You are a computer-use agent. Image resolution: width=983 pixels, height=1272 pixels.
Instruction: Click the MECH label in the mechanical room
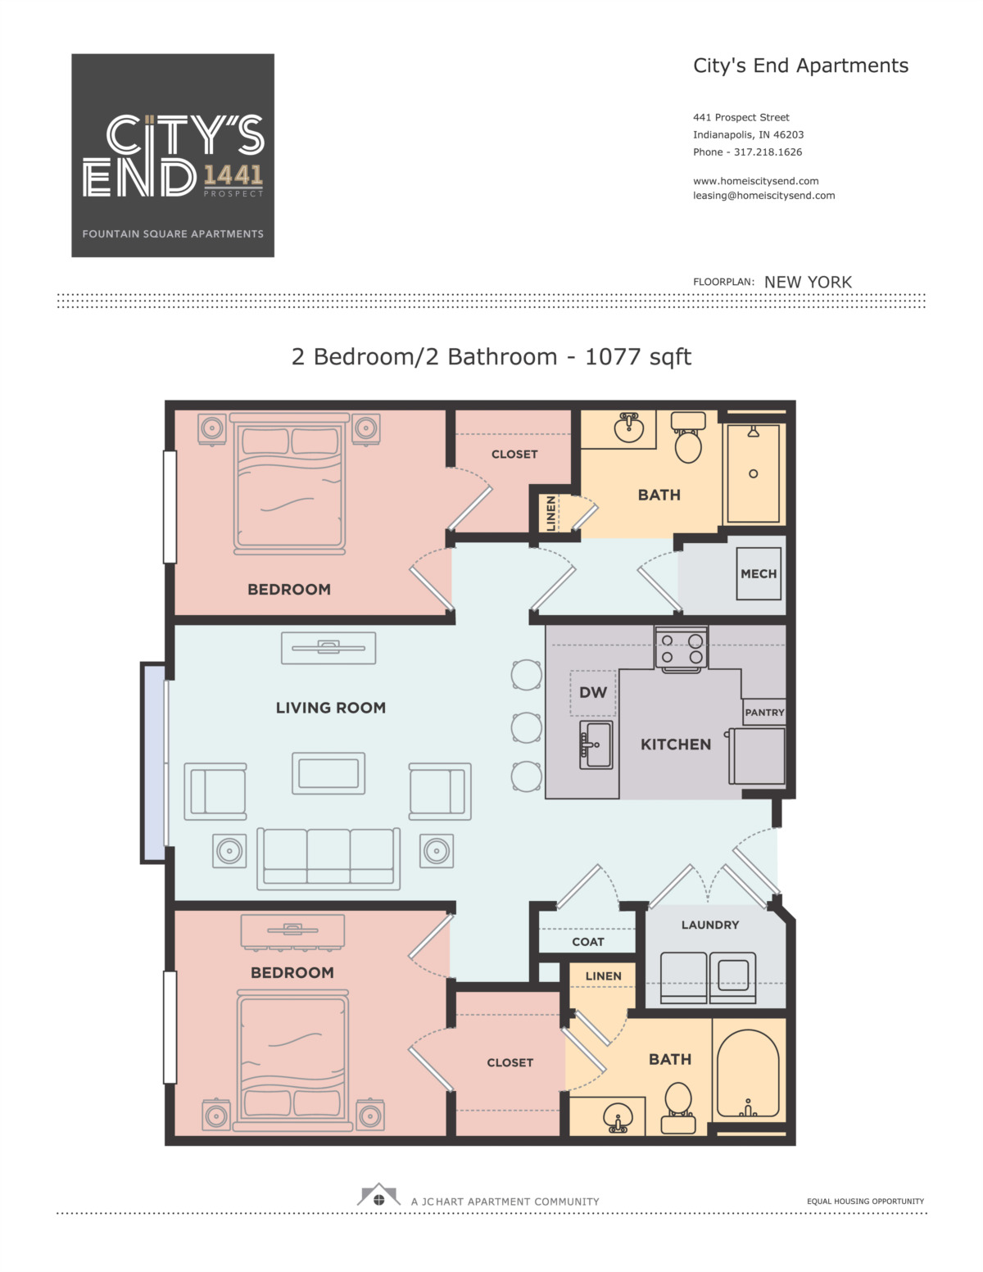tap(759, 573)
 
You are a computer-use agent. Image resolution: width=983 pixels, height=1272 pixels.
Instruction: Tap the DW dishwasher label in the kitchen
tap(592, 692)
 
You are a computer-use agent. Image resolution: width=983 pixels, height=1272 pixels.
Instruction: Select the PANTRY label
tap(764, 713)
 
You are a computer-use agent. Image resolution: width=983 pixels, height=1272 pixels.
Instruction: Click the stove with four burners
tap(682, 649)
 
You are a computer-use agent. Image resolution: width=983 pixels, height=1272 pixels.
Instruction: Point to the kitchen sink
tap(596, 745)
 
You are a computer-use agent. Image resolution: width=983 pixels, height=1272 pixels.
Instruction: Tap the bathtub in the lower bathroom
tap(748, 1074)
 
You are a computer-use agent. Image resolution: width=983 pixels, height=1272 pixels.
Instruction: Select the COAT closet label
tap(588, 942)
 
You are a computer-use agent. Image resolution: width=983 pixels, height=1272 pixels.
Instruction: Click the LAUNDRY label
tap(710, 925)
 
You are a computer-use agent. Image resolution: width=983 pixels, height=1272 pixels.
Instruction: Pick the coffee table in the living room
tap(328, 773)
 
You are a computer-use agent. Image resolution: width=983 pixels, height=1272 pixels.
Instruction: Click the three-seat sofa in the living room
tap(328, 858)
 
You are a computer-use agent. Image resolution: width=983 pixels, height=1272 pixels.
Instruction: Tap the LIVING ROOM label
tap(331, 708)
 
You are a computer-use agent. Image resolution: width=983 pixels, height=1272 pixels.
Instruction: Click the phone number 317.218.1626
tap(768, 152)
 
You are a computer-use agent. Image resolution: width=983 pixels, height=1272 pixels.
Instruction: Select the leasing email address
tap(764, 196)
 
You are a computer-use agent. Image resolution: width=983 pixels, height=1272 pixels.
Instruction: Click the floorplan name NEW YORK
tap(808, 282)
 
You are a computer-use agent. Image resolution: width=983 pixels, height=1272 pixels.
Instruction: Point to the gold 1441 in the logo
tap(233, 175)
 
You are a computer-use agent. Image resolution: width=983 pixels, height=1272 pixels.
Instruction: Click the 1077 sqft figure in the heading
tap(638, 357)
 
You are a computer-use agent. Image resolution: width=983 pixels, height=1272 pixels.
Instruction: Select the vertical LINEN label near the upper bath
tap(550, 514)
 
